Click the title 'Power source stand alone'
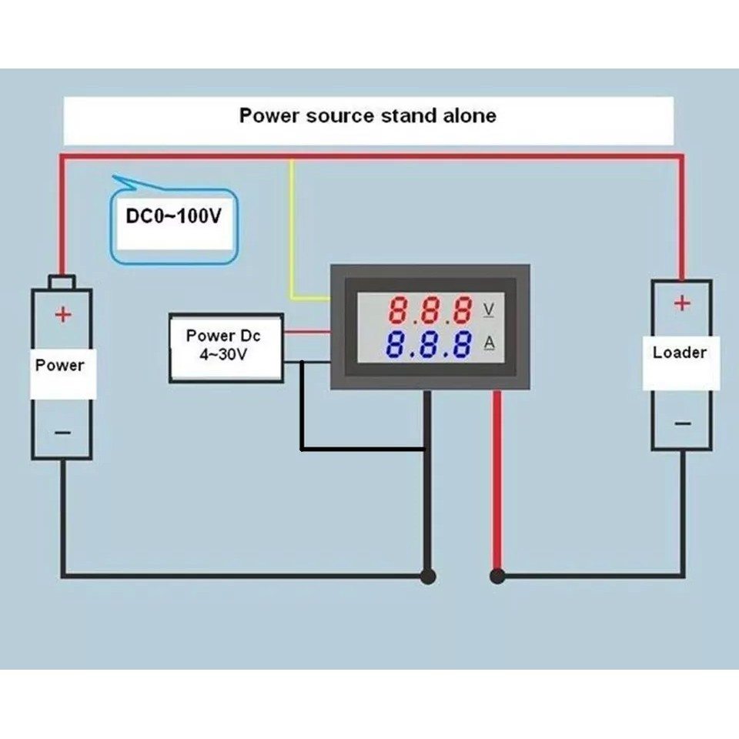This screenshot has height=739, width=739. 367,116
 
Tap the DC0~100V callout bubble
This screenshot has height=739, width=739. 174,218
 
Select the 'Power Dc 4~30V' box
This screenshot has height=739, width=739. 226,346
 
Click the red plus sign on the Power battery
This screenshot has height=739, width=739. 62,314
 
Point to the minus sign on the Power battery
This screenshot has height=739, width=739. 62,433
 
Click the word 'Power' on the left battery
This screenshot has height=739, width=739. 60,364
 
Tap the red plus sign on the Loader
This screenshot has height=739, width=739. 682,303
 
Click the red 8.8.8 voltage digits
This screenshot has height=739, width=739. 430,310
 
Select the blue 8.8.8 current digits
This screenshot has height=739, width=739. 430,344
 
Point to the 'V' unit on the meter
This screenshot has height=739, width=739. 489,309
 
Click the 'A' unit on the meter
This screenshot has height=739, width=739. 489,343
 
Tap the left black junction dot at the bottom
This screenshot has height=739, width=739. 428,575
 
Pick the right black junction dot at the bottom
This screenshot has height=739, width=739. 497,575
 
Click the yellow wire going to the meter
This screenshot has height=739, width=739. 291,231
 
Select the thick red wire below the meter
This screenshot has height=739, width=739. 497,477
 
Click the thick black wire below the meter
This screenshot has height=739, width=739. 427,500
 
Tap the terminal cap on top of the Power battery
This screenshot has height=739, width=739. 62,281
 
